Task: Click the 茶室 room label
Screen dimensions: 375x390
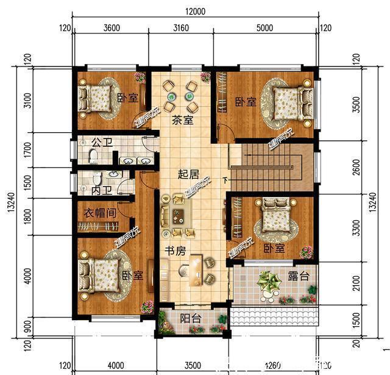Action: tap(182, 120)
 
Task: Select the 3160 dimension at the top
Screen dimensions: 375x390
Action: tap(182, 27)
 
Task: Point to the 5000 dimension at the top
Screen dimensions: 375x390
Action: tap(265, 27)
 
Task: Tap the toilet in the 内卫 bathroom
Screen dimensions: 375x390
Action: tap(96, 178)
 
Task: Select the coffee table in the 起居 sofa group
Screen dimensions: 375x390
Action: tap(179, 216)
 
